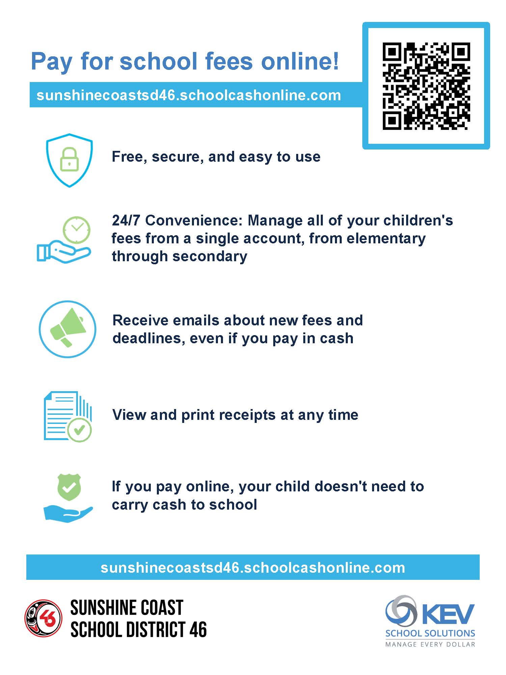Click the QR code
pos(426,86)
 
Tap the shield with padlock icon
pos(69,160)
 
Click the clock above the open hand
pos(77,229)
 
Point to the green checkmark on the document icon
pos(79,430)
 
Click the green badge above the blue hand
pos(69,487)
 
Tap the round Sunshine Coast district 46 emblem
pos(44,618)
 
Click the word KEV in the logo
pos(448,614)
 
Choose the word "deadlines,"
pos(149,338)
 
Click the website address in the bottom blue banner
pos(253,568)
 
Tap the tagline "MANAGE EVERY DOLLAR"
pos(430,644)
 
